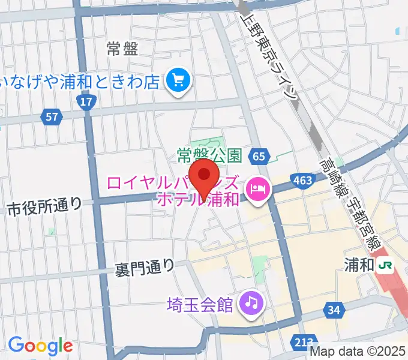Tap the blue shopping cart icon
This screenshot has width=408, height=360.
tap(178, 79)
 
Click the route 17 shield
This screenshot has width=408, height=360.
tap(87, 102)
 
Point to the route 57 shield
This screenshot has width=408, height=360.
tap(52, 116)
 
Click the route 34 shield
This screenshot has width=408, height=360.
tap(334, 310)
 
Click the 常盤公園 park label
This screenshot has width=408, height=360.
tap(209, 156)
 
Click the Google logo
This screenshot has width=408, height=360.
tap(40, 345)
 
